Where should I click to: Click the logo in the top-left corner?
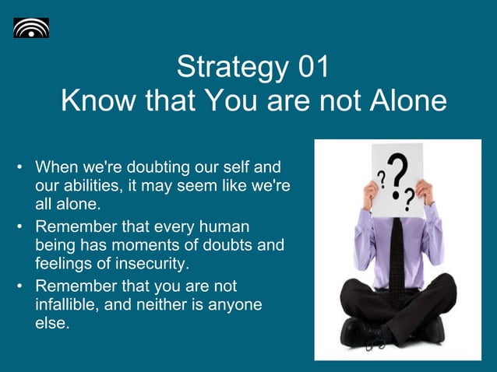[31, 28]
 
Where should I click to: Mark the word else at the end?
[52, 323]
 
